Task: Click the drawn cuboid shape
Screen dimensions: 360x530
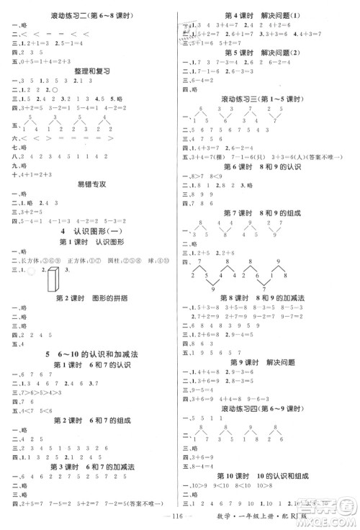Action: click(x=52, y=276)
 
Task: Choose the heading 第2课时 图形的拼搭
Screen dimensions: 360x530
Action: click(x=91, y=298)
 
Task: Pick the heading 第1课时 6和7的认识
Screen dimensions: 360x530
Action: click(x=91, y=367)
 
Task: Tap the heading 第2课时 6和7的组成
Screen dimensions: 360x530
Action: click(x=91, y=420)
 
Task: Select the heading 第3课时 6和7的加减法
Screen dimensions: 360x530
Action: click(x=91, y=467)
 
